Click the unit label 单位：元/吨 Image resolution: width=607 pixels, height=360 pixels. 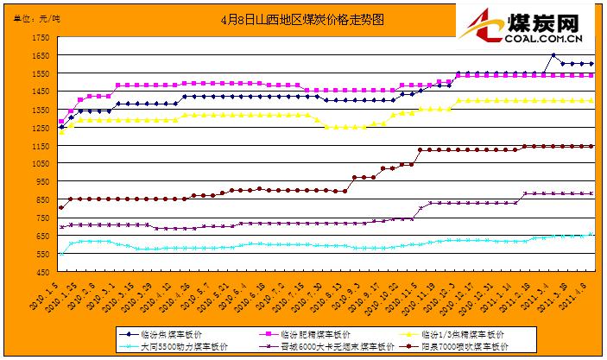(x=37, y=17)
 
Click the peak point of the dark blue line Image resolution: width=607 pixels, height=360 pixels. (x=553, y=56)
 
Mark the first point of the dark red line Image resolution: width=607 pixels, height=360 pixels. (x=60, y=208)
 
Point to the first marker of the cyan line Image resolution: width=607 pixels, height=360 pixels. (x=60, y=254)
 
